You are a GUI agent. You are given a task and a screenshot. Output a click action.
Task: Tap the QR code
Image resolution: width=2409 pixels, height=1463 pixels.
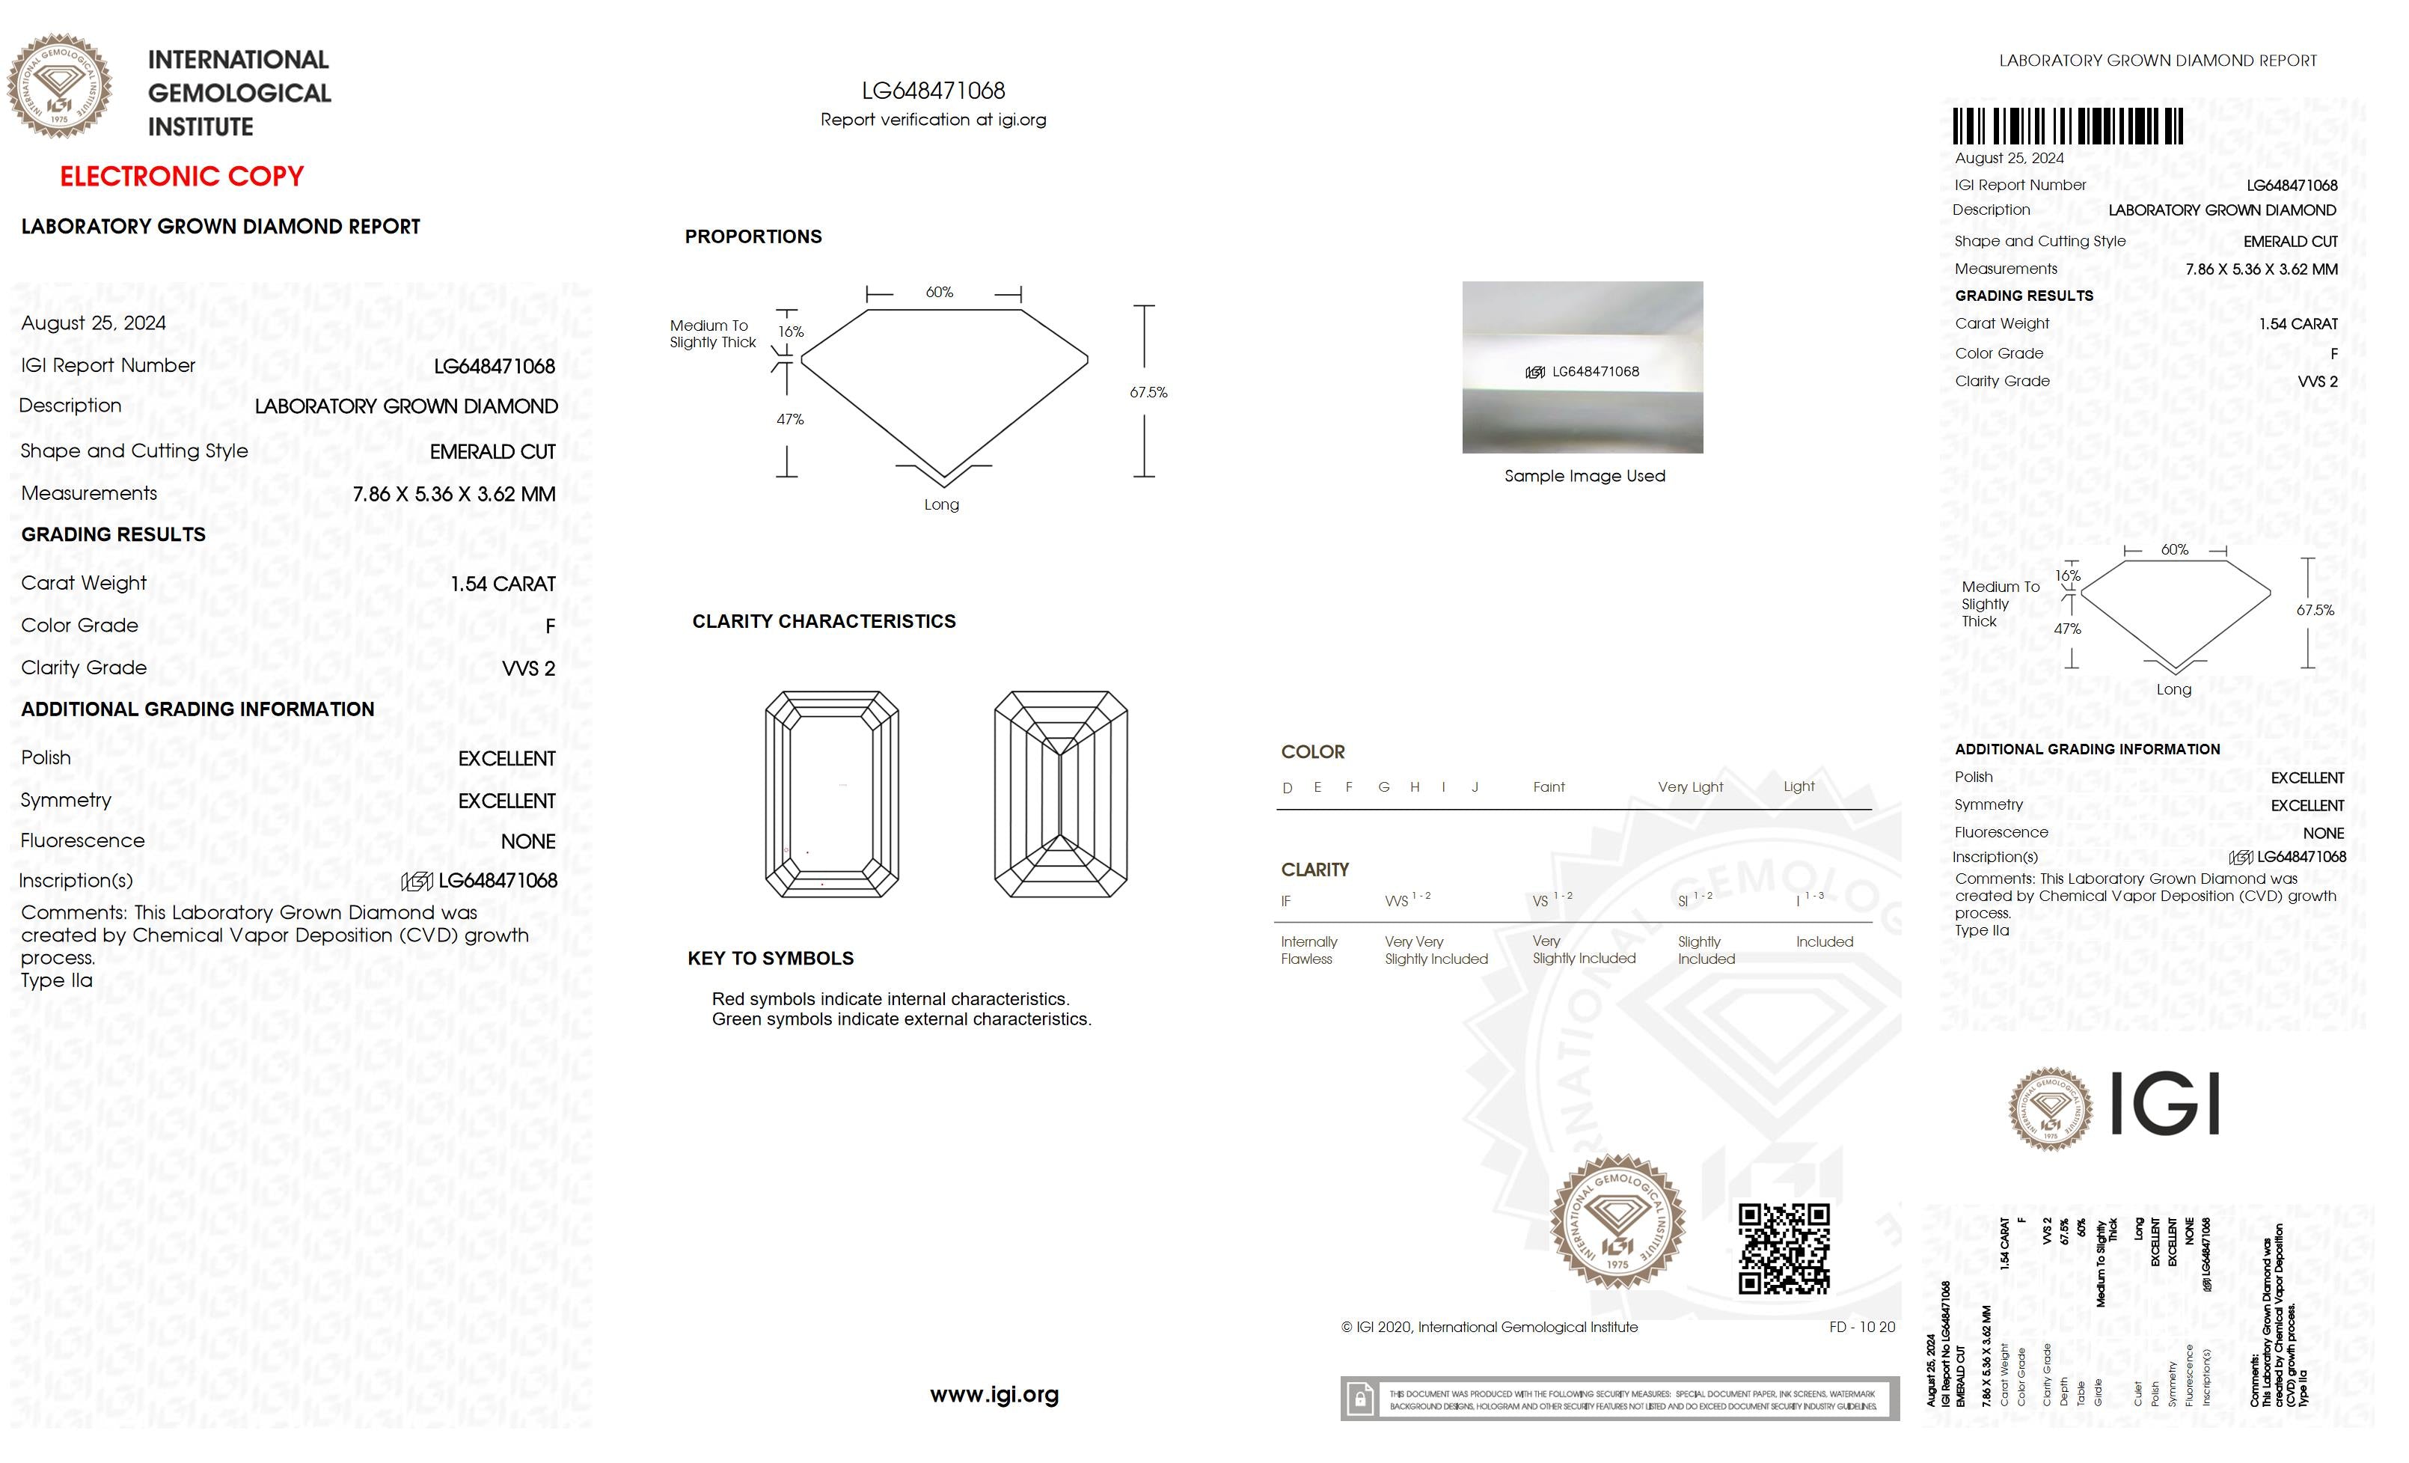pyautogui.click(x=1784, y=1249)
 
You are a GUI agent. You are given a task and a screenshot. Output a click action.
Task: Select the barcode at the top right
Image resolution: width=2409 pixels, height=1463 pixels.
pyautogui.click(x=2068, y=127)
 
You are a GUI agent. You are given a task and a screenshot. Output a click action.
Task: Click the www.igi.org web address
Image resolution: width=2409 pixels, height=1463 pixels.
pyautogui.click(x=994, y=1395)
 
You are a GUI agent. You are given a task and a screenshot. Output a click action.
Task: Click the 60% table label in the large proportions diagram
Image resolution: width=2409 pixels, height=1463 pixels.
pyautogui.click(x=940, y=293)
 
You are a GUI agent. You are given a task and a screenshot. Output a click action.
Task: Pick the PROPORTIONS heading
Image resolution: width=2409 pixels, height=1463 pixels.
pyautogui.click(x=753, y=236)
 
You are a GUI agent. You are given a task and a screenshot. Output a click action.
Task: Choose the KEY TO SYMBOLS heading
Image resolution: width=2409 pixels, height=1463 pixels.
pyautogui.click(x=771, y=959)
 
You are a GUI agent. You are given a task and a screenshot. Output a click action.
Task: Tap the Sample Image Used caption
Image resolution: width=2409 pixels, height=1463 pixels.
pyautogui.click(x=1585, y=476)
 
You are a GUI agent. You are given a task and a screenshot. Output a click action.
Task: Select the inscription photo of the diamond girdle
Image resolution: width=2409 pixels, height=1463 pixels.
pyautogui.click(x=1582, y=367)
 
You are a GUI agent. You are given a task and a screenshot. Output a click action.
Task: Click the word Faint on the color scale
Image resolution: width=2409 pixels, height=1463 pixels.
pyautogui.click(x=1549, y=787)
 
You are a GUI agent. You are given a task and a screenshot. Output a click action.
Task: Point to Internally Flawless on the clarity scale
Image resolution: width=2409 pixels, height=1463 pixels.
pyautogui.click(x=1309, y=950)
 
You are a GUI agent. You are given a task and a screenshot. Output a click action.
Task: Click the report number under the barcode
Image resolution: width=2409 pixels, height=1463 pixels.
pyautogui.click(x=2292, y=185)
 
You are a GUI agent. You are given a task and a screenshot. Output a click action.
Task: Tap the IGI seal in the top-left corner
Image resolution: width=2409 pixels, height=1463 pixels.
pyautogui.click(x=60, y=86)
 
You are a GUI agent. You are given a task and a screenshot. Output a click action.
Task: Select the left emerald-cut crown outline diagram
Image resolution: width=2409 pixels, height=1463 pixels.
pyautogui.click(x=832, y=794)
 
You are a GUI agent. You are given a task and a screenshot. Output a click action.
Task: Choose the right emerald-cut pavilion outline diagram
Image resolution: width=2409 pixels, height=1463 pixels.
pyautogui.click(x=1061, y=794)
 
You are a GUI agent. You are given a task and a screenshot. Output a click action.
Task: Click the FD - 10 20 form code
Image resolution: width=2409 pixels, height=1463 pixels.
pyautogui.click(x=1861, y=1327)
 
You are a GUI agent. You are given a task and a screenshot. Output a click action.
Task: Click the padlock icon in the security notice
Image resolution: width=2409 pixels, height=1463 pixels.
pyautogui.click(x=1359, y=1399)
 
